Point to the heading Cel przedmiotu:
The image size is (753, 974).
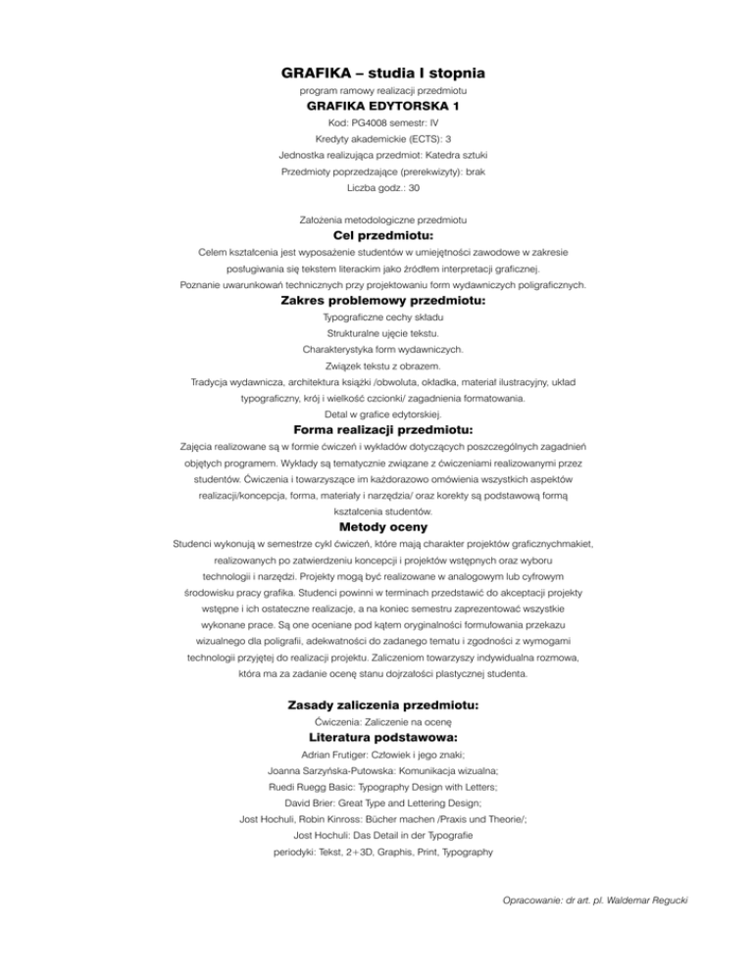(376, 236)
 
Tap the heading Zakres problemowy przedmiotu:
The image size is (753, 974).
(376, 303)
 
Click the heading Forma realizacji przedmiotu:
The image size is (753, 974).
(376, 429)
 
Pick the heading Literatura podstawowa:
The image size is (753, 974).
(376, 735)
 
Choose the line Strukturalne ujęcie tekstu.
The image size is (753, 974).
(376, 333)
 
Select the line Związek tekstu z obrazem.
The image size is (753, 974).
(376, 365)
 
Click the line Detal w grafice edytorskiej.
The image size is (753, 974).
(376, 413)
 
